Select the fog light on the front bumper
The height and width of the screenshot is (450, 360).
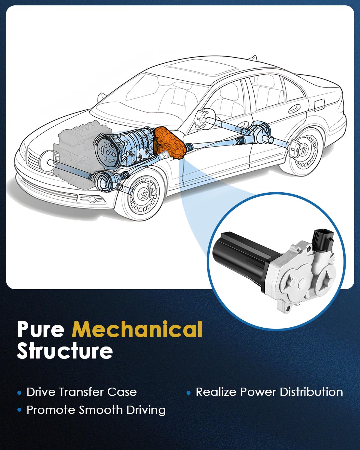pos(91,199)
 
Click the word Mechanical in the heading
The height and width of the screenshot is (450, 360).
pos(137,329)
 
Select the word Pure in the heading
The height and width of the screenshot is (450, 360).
pos(41,329)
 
